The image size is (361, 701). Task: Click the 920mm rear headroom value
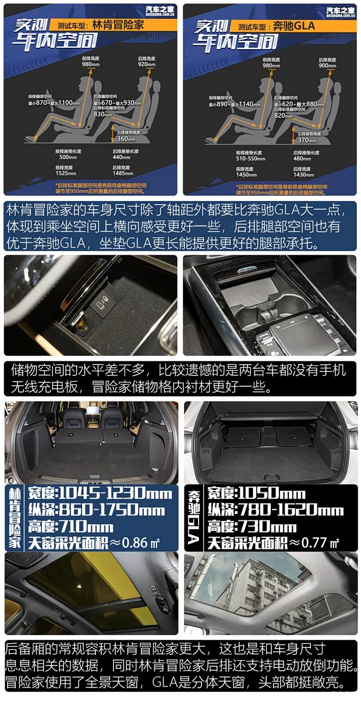pos(146,65)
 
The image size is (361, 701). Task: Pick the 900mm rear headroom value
pos(327,65)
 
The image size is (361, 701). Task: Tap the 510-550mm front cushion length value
pos(251,158)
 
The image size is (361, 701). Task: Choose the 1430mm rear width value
pos(303,174)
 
